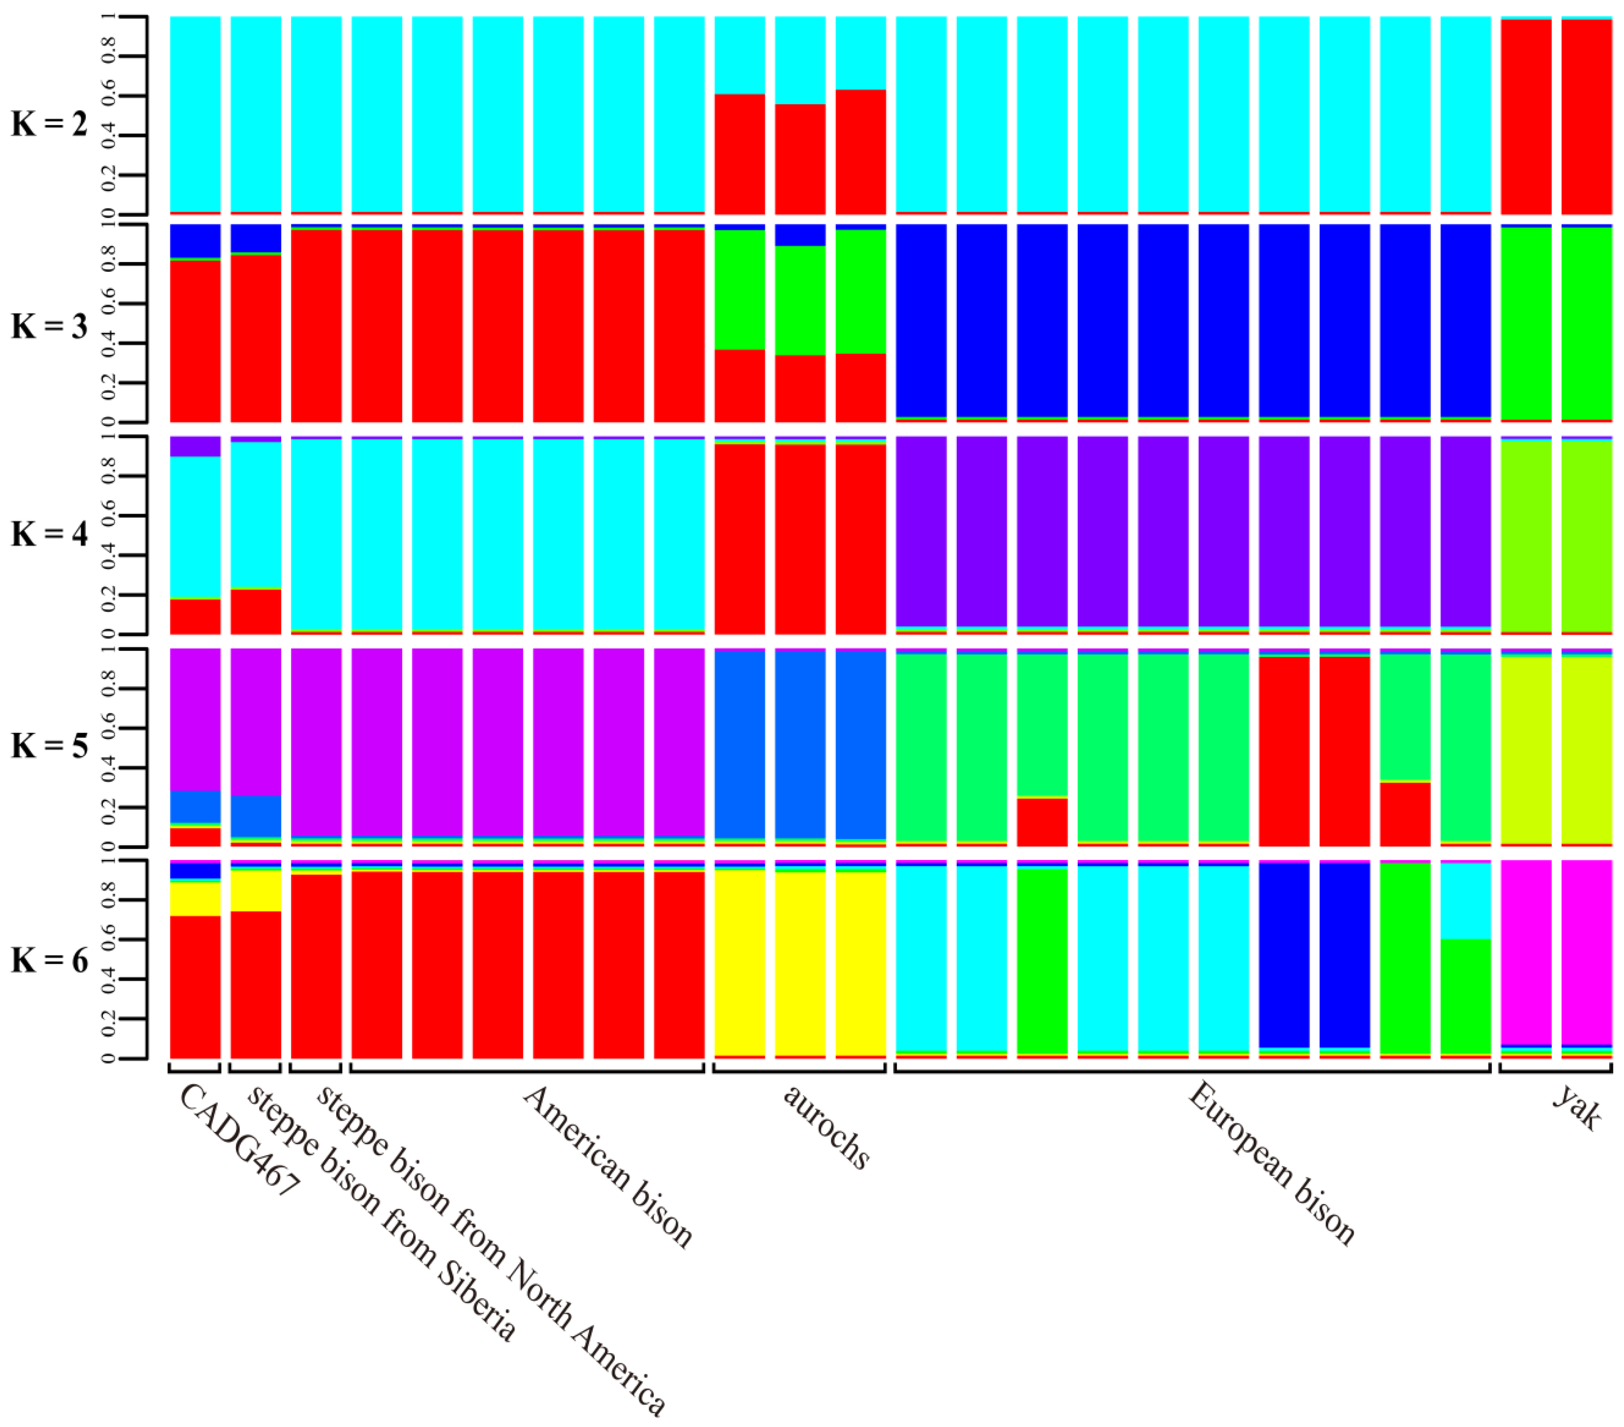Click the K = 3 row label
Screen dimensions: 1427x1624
(49, 327)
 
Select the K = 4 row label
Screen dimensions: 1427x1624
(49, 534)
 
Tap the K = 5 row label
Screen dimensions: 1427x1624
(49, 746)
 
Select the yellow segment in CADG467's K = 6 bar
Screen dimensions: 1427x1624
(196, 898)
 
